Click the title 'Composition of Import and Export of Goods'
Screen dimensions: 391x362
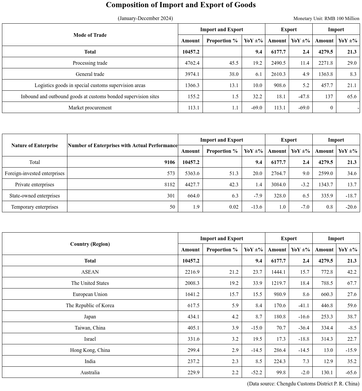[x=181, y=5]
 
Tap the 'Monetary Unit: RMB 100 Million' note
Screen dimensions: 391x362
[x=326, y=18]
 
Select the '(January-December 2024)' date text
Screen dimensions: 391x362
[x=145, y=18]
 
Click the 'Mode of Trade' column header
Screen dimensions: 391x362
[x=90, y=35]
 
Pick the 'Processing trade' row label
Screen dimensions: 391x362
[x=90, y=63]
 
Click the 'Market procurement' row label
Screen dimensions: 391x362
[x=90, y=108]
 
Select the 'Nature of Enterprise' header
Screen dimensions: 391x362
[x=35, y=146]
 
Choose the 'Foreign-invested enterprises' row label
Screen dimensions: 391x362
[x=35, y=173]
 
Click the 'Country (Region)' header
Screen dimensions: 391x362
[x=90, y=244]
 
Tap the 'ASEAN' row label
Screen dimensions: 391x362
[x=90, y=272]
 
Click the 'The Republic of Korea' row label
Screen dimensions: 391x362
[x=90, y=306]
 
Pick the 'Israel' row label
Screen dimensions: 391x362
[x=90, y=339]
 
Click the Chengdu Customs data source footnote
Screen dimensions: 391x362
[x=303, y=384]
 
